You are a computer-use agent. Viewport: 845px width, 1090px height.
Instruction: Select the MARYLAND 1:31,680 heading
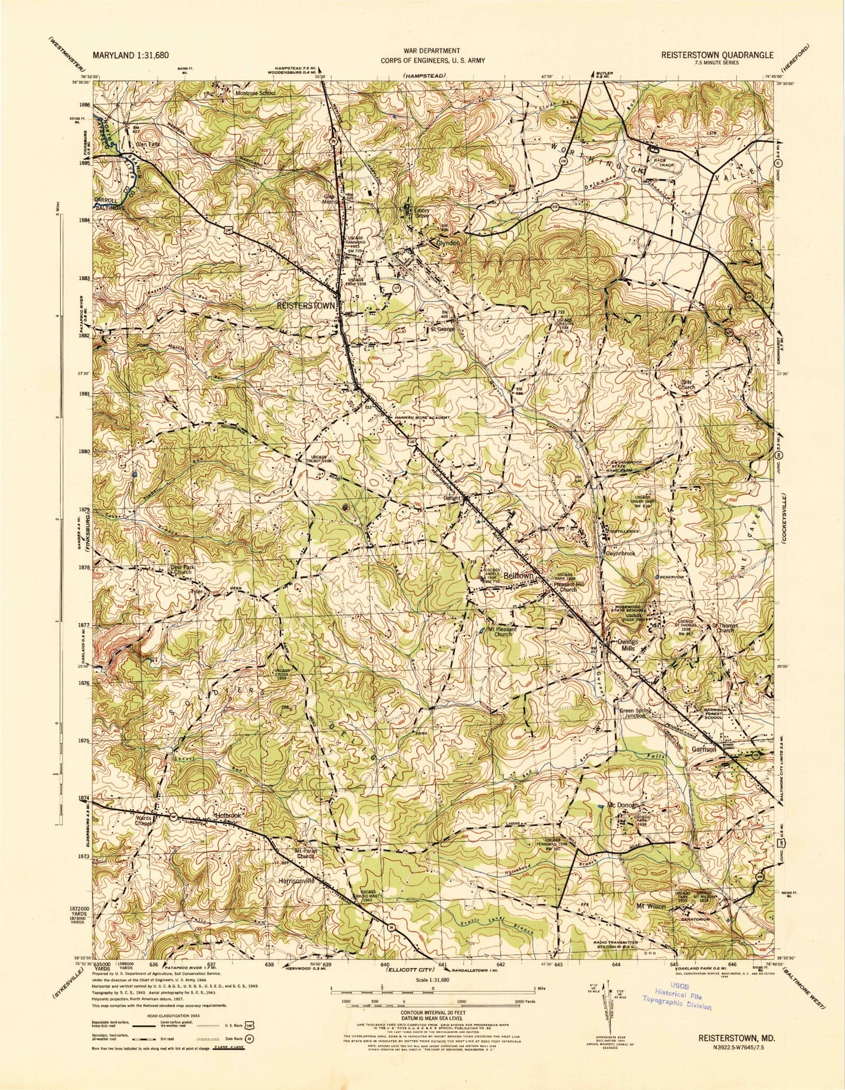(130, 55)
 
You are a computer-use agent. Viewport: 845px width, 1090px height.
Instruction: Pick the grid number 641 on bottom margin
(442, 964)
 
